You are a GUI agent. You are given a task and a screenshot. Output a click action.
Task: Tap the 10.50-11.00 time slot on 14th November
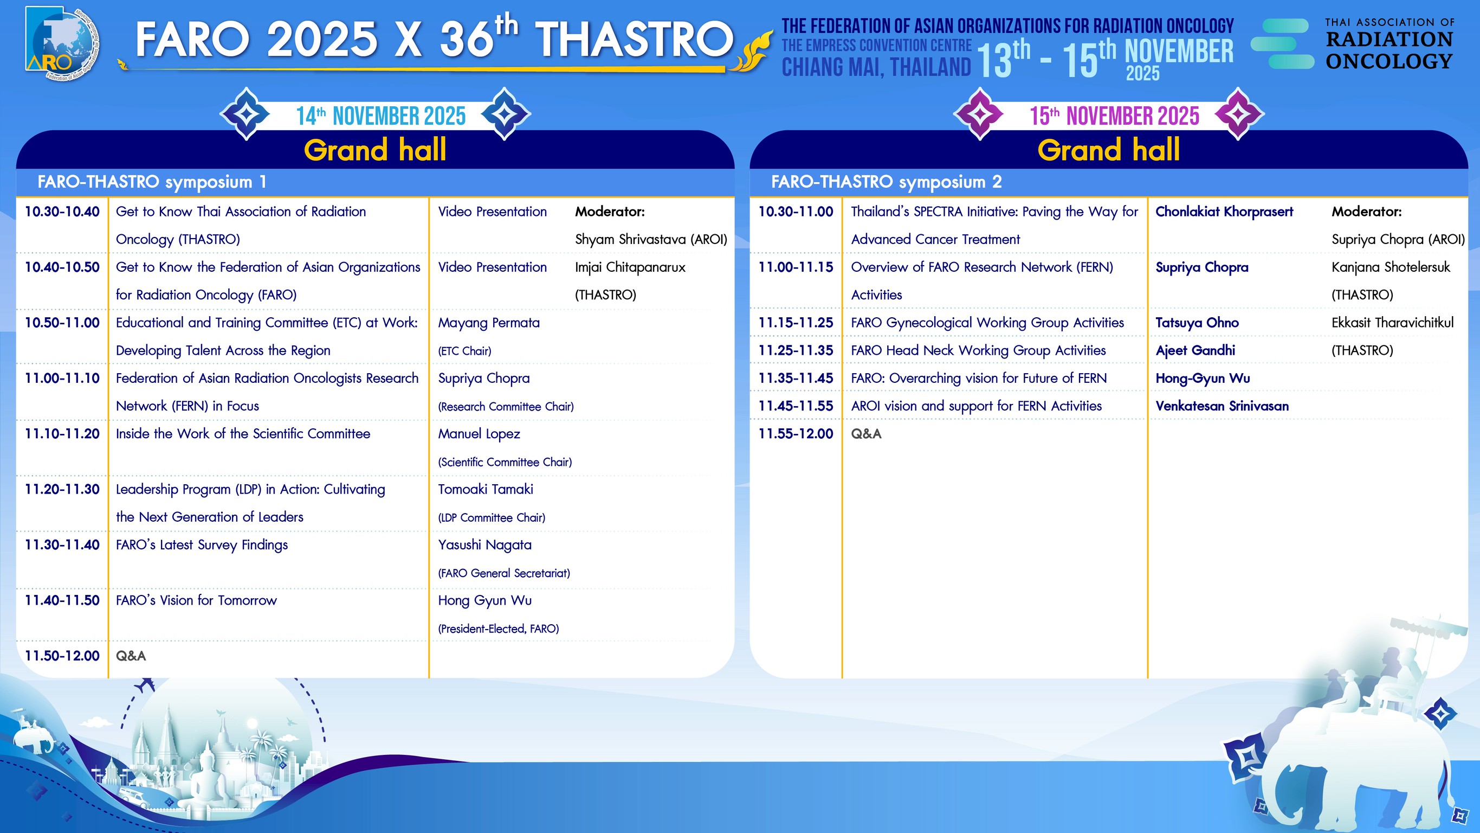click(x=62, y=323)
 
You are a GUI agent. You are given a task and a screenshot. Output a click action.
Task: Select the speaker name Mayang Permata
click(x=489, y=323)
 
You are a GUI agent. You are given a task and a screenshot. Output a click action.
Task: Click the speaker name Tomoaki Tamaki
click(x=486, y=489)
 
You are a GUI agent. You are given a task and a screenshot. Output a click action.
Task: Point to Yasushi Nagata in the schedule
click(x=485, y=545)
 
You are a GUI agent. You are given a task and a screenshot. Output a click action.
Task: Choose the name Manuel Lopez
click(x=479, y=434)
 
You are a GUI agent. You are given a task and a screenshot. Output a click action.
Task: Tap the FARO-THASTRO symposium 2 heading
click(x=886, y=182)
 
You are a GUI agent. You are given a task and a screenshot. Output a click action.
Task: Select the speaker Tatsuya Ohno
click(x=1197, y=323)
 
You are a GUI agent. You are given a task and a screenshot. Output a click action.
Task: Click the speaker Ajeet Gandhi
click(x=1195, y=351)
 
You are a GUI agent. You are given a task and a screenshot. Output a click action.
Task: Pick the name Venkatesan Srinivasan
click(x=1222, y=406)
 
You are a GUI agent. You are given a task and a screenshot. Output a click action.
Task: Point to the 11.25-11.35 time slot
click(x=796, y=351)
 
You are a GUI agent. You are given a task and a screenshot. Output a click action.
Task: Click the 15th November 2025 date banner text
click(x=1115, y=116)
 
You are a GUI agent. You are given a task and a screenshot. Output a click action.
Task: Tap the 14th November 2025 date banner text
click(x=381, y=116)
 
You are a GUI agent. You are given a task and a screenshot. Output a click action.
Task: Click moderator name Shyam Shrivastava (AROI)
click(x=651, y=239)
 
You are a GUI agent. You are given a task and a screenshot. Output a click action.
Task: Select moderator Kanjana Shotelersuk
click(x=1391, y=267)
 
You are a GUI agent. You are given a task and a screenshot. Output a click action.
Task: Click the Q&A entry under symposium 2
click(x=866, y=434)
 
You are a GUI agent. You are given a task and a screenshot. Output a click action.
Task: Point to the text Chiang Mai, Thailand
click(x=876, y=67)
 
